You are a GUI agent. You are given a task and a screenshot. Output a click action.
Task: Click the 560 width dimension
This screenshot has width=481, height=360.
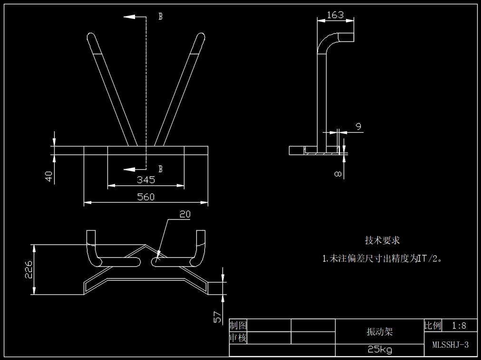145,197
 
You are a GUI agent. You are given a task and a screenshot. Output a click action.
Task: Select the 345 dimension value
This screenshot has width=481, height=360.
145,180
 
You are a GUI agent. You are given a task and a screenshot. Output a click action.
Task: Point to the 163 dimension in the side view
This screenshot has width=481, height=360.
335,15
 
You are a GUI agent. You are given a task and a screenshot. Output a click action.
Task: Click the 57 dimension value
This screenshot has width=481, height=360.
218,317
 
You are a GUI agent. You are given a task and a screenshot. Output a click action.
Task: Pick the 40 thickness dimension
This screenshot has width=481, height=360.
48,176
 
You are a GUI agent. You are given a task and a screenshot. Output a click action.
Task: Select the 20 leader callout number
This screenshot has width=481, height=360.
185,214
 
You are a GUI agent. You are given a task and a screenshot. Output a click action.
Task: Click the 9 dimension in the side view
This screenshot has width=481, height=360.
358,126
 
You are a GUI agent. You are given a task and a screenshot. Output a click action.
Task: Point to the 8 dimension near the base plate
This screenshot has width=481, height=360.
338,174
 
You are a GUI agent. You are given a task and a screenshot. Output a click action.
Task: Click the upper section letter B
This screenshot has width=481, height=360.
161,17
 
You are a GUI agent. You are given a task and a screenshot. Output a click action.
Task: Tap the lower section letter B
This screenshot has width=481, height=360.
161,169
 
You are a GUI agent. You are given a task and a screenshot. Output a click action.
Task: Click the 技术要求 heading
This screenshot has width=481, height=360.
382,241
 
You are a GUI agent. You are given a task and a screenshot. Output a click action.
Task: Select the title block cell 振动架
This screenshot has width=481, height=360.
380,331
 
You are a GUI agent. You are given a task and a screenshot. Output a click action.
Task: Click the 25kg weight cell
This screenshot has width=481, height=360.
380,350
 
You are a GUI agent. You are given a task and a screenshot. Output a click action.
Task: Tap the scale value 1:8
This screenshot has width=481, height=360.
459,326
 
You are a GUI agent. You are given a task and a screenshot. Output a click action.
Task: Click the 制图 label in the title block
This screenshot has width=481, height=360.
238,325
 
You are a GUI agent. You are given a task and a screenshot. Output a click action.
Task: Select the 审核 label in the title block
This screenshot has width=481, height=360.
238,338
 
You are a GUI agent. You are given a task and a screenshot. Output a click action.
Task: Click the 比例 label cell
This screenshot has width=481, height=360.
433,326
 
